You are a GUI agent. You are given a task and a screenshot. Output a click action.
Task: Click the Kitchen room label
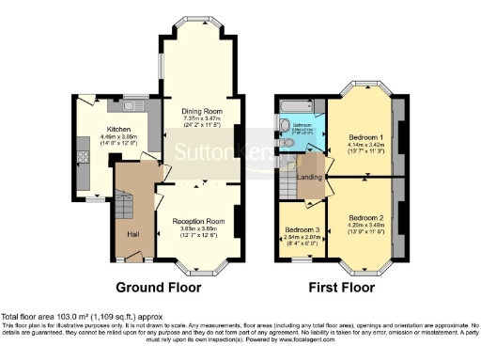click(x=118, y=129)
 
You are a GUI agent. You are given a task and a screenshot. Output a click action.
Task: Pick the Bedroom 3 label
click(x=301, y=230)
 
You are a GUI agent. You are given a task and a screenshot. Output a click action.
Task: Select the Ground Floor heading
click(x=156, y=287)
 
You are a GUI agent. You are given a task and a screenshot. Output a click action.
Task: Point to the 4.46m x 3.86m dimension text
click(x=118, y=137)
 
